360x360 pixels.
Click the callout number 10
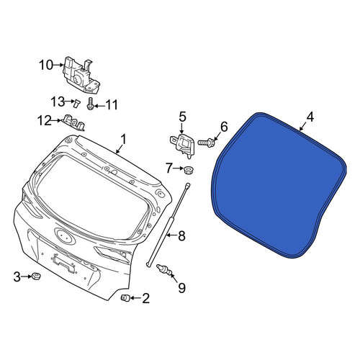click(x=46, y=65)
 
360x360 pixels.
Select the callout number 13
click(x=58, y=102)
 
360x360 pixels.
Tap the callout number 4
click(x=310, y=117)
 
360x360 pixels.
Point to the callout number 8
click(x=181, y=236)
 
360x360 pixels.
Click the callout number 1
click(x=123, y=140)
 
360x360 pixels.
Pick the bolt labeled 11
click(x=90, y=104)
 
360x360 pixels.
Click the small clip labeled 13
click(x=76, y=103)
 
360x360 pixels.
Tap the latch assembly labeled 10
click(x=81, y=75)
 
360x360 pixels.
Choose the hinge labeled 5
click(x=182, y=146)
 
